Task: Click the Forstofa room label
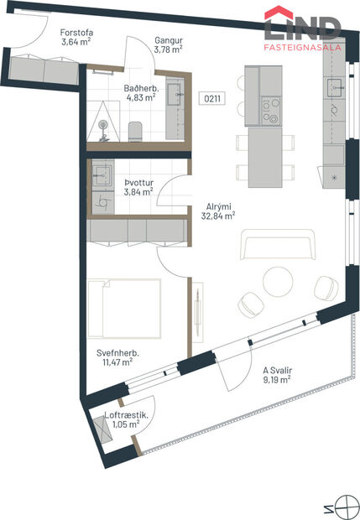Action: click(x=76, y=34)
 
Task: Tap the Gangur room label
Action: click(x=169, y=39)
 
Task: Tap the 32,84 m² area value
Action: click(x=218, y=215)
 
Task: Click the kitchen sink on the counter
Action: click(x=333, y=85)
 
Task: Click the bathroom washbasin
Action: click(x=174, y=93)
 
